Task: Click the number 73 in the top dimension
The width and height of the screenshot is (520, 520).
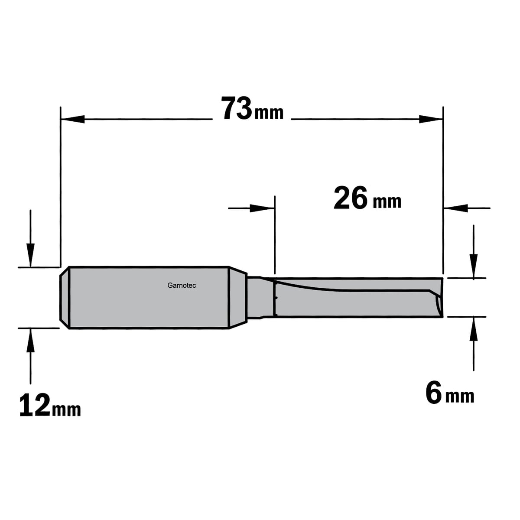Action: (x=237, y=108)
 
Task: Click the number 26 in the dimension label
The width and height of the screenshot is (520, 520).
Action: (x=351, y=198)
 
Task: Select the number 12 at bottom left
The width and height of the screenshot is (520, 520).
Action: (x=35, y=405)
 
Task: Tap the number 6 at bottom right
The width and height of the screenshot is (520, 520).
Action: (x=434, y=393)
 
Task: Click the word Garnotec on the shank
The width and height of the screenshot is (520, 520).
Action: (x=182, y=286)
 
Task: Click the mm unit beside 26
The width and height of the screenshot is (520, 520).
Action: (x=387, y=201)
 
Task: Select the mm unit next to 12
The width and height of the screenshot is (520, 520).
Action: (x=66, y=410)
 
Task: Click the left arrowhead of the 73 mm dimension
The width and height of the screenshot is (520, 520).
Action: (x=73, y=119)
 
